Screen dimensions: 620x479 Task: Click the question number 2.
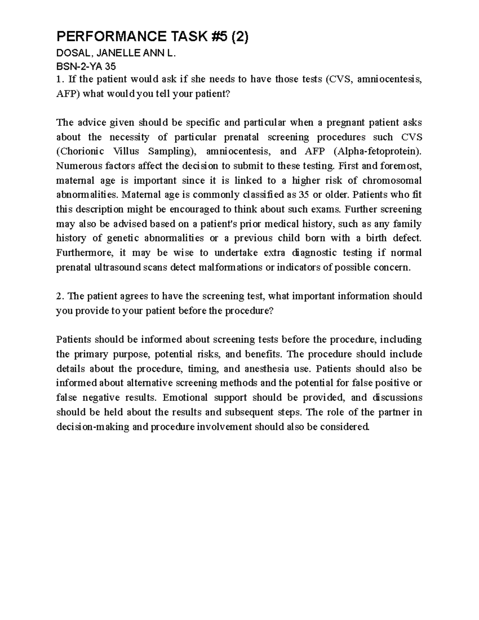point(59,296)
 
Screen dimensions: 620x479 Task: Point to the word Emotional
point(185,398)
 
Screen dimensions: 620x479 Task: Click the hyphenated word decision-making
point(93,427)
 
